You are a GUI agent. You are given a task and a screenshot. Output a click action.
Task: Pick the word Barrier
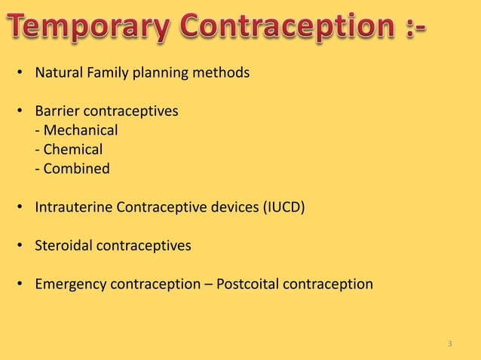[x=58, y=111]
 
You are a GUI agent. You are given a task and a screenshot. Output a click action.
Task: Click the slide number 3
[x=450, y=344]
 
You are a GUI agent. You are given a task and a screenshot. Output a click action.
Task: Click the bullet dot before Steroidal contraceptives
[x=22, y=246]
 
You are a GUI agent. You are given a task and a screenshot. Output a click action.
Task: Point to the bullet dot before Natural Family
[x=22, y=75]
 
